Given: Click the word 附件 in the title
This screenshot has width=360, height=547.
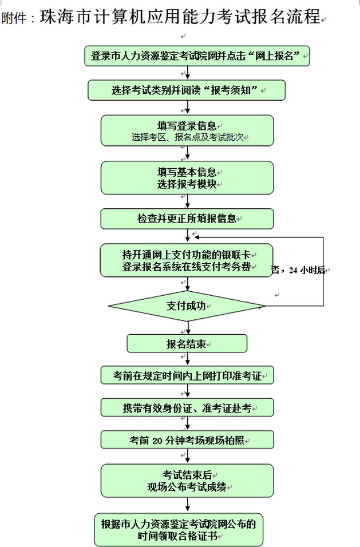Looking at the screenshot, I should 13,18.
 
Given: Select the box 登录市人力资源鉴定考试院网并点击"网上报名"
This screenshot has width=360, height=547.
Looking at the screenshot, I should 197,56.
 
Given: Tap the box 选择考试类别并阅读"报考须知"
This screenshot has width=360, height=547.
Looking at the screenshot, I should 187,90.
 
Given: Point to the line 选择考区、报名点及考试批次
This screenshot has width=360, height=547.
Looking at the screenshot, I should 187,137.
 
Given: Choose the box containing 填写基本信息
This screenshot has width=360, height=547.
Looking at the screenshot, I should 187,177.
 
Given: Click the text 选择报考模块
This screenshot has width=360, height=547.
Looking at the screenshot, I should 187,184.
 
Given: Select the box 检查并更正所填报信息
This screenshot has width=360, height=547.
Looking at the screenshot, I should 187,219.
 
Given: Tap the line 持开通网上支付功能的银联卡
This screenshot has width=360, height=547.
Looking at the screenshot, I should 187,254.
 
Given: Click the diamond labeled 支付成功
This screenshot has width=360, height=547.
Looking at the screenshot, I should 187,306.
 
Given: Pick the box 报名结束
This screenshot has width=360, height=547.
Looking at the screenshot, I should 187,343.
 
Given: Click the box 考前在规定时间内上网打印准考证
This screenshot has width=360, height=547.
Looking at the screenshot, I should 187,375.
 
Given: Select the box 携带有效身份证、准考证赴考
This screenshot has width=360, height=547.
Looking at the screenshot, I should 187,408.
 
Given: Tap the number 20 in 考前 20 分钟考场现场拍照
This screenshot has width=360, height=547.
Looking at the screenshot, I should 159,440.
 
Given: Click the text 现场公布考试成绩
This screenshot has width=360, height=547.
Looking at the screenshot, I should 187,487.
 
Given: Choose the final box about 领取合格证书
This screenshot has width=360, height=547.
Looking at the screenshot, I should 179,529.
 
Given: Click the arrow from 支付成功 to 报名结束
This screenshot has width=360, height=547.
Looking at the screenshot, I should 187,328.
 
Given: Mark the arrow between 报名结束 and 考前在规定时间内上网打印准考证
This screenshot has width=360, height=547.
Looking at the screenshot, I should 187,359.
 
